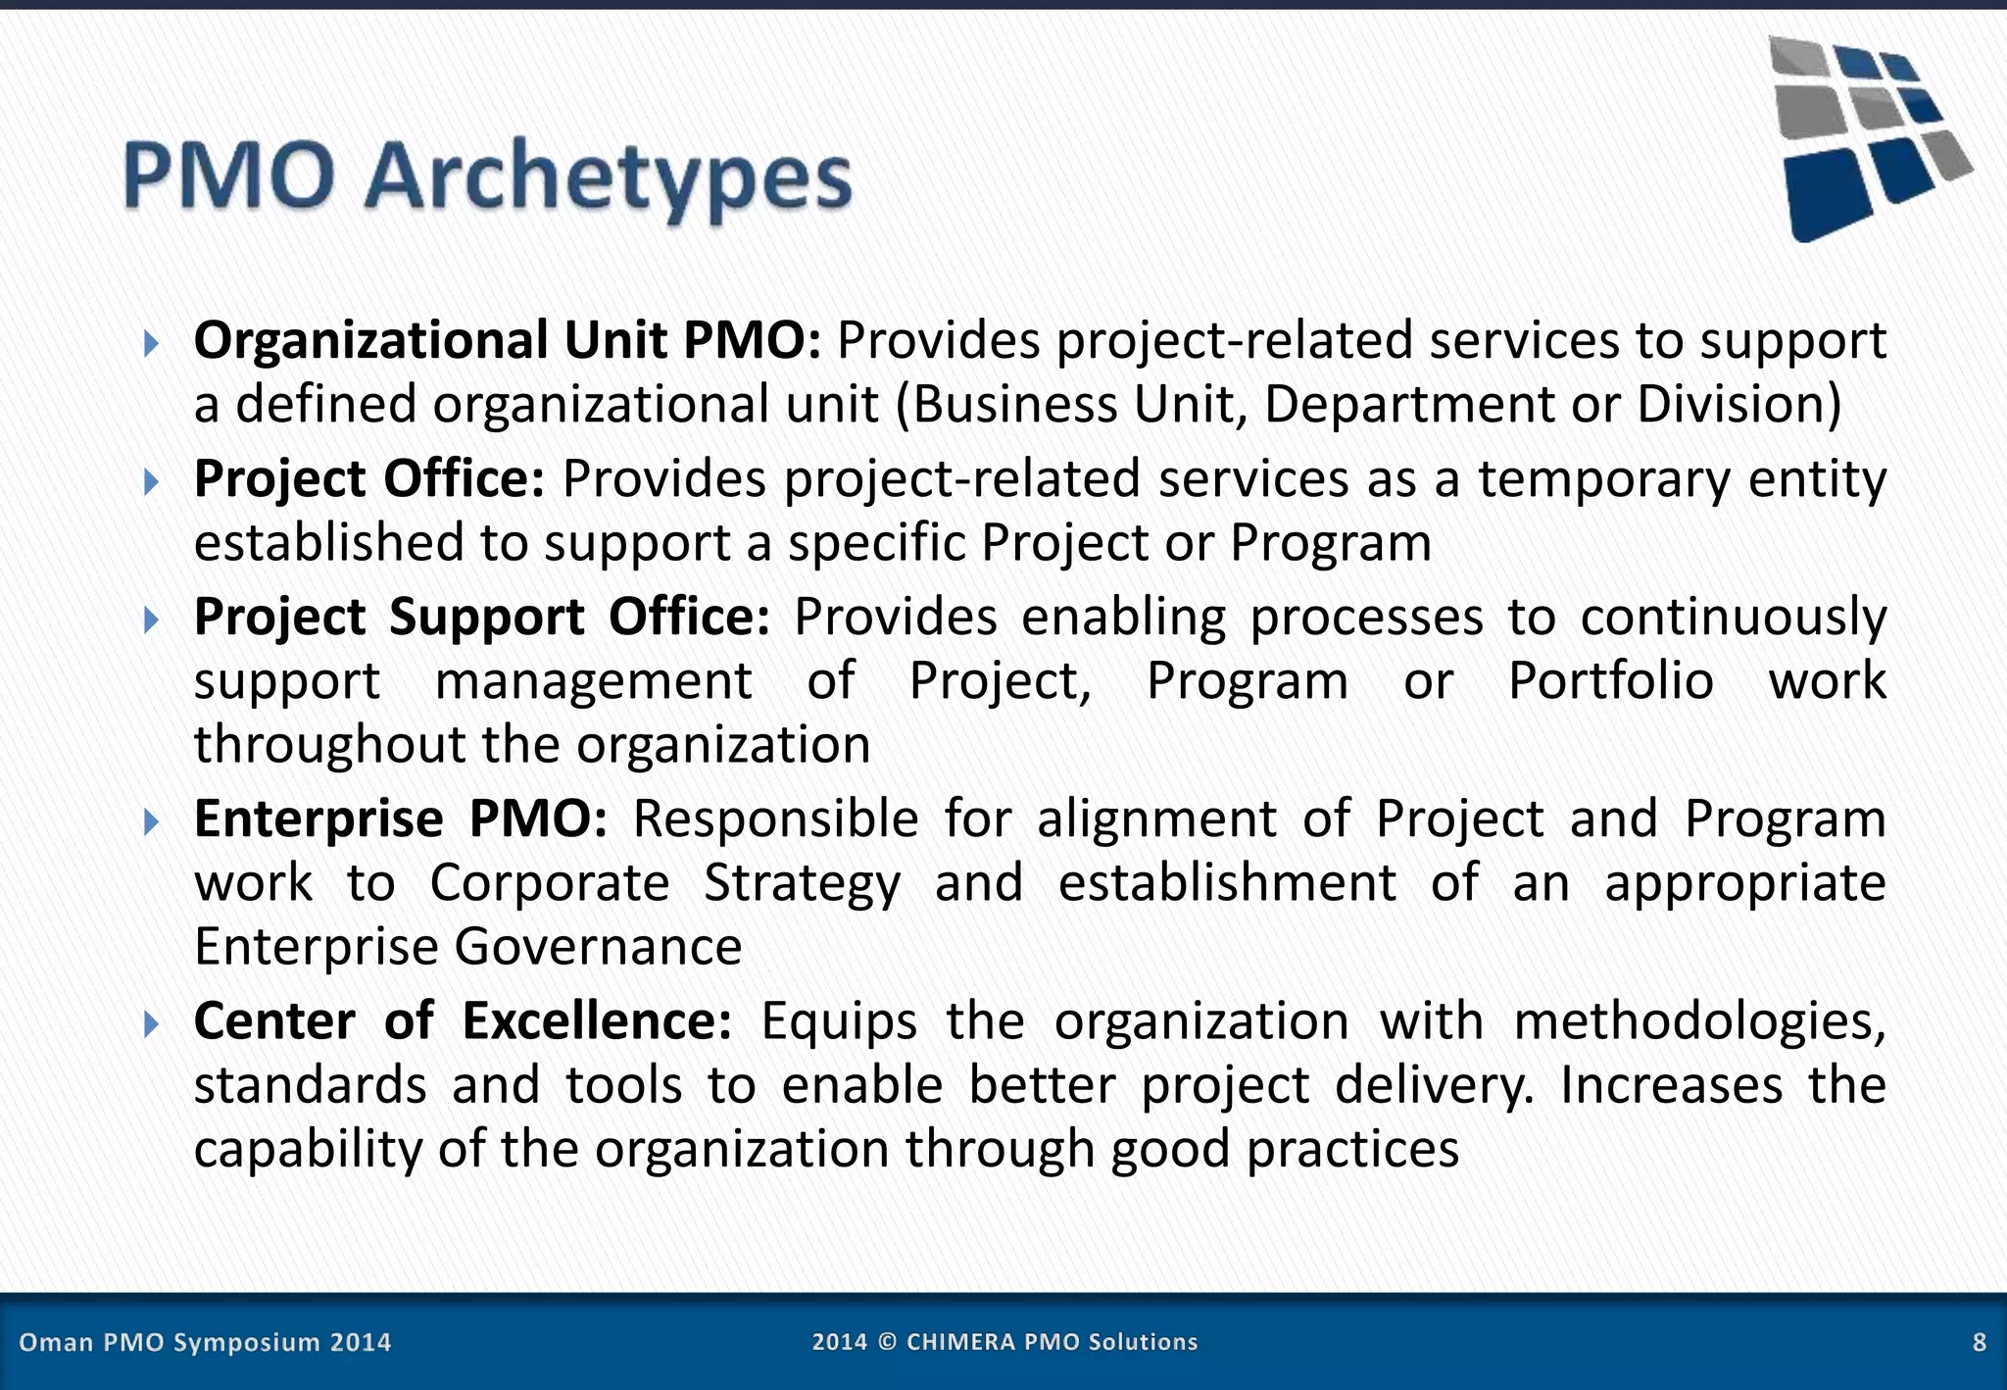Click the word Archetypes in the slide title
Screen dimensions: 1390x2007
click(x=608, y=178)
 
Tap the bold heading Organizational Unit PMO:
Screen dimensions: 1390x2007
click(x=507, y=341)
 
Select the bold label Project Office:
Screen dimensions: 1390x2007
click(x=368, y=479)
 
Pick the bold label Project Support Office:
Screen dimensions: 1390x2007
click(x=481, y=618)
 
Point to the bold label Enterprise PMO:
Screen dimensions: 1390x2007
click(x=400, y=819)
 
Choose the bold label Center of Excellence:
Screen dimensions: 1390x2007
click(x=462, y=1021)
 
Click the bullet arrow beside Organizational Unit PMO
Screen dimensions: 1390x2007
click(x=150, y=343)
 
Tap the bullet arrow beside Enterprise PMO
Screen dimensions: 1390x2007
click(x=150, y=821)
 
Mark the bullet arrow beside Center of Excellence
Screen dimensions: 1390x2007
click(x=150, y=1024)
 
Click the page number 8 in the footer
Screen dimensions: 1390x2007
click(x=1979, y=1342)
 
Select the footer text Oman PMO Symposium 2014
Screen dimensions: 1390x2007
click(x=205, y=1342)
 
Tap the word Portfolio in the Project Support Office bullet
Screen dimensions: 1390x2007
click(x=1610, y=681)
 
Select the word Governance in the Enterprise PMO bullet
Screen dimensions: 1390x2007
click(x=598, y=947)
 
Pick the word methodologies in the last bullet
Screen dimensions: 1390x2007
click(x=1698, y=1021)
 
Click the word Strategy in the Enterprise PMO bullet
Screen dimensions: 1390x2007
click(x=801, y=883)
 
